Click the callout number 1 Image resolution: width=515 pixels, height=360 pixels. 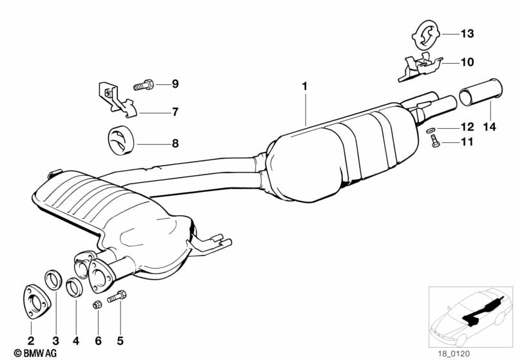(304, 86)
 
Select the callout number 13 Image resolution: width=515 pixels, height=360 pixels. (466, 33)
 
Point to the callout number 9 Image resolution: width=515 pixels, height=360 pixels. (175, 84)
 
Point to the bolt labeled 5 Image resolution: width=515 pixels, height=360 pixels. (117, 297)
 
